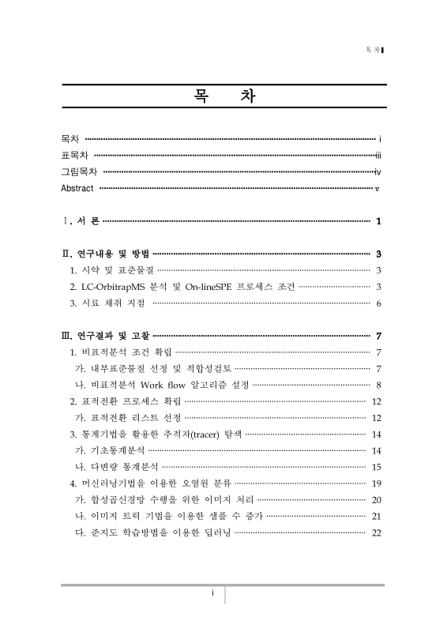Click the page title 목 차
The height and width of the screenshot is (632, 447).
tap(223, 98)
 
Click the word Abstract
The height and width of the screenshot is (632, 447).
tap(77, 188)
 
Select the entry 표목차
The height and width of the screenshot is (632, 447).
tap(74, 155)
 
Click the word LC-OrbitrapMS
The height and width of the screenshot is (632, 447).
tap(113, 287)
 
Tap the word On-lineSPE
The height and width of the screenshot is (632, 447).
tap(216, 287)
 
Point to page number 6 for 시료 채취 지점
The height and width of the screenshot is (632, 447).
tap(379, 303)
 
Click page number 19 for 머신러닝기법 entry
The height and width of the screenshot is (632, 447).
tap(377, 483)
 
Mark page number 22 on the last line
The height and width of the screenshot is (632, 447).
tap(377, 532)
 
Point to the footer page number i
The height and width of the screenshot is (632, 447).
tap(212, 594)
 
